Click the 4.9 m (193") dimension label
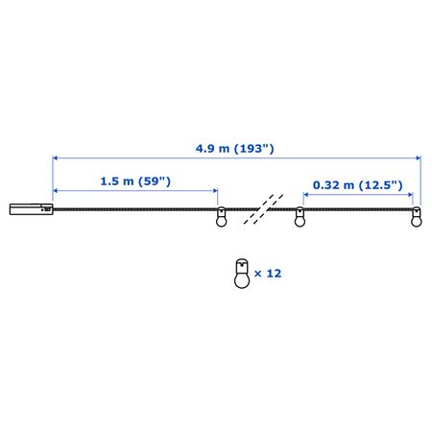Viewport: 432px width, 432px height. click(235, 149)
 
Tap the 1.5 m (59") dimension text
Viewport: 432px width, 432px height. click(135, 181)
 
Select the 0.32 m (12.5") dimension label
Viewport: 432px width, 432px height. click(357, 185)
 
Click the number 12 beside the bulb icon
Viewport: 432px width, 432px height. click(274, 274)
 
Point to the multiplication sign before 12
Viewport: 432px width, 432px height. click(258, 274)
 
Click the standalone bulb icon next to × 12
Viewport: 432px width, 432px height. click(242, 273)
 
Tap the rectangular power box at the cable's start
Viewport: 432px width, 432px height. click(32, 209)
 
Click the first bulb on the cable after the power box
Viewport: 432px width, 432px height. click(221, 217)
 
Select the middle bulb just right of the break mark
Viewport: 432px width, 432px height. click(300, 217)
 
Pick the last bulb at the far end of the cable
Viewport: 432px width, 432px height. click(417, 217)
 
